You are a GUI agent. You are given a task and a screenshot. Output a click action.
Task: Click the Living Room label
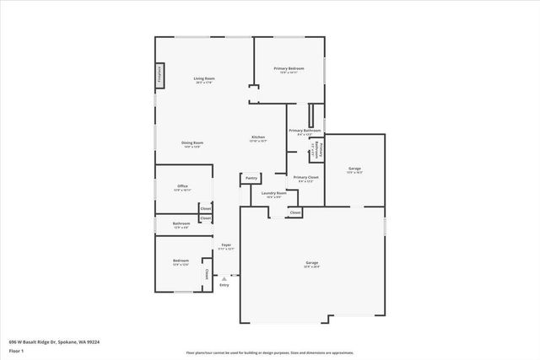click(x=203, y=79)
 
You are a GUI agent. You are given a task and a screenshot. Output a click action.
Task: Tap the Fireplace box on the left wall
click(x=158, y=75)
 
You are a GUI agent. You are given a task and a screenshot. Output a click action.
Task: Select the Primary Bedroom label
click(x=289, y=69)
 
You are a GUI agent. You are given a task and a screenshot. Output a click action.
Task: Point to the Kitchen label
click(x=258, y=137)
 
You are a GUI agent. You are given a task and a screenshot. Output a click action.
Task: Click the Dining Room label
click(x=192, y=143)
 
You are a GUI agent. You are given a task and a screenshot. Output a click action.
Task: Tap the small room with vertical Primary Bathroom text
click(x=318, y=149)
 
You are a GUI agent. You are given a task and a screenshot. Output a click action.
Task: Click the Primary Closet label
click(x=305, y=178)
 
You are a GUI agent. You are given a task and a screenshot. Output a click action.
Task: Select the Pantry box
click(x=251, y=178)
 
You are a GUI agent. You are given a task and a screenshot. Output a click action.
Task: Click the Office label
click(x=182, y=186)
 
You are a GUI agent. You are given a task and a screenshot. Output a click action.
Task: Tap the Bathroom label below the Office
click(x=181, y=224)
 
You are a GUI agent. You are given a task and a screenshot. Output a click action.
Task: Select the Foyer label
click(x=226, y=245)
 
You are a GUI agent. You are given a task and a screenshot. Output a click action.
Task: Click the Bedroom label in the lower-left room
click(x=181, y=261)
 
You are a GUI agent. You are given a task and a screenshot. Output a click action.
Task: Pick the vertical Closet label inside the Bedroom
click(x=206, y=273)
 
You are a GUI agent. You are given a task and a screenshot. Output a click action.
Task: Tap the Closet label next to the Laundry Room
click(x=295, y=212)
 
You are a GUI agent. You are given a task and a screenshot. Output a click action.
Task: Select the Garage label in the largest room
click(x=311, y=264)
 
